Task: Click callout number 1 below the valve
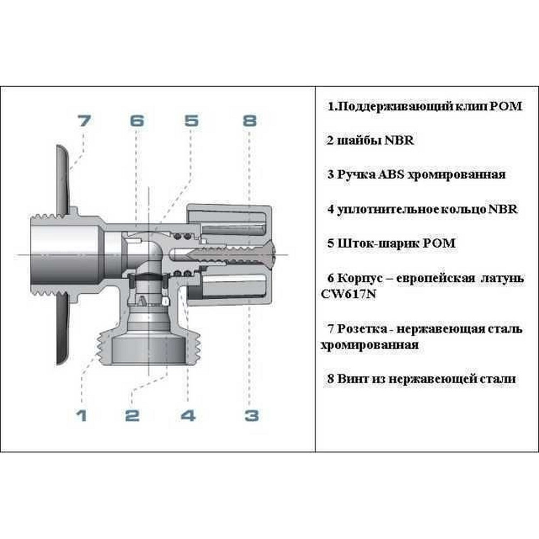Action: (x=81, y=416)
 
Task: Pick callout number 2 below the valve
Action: (x=133, y=416)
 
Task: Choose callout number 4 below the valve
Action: (x=188, y=416)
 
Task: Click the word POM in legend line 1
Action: (x=506, y=106)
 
